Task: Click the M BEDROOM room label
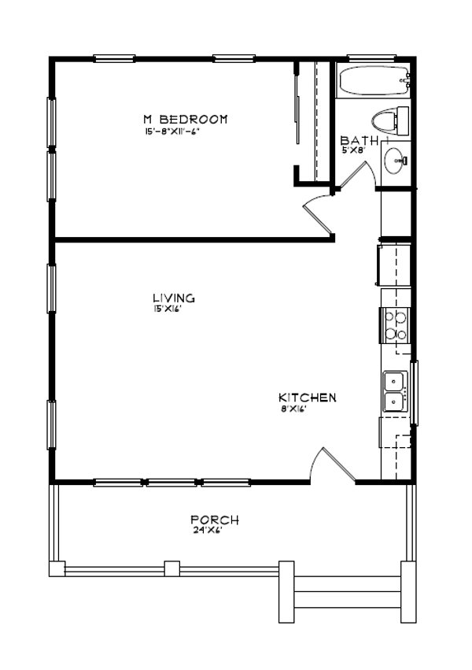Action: click(x=185, y=119)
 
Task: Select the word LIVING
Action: click(x=174, y=298)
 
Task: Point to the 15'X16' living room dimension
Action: click(x=168, y=309)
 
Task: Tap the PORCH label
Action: click(x=215, y=520)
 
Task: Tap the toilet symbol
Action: click(x=390, y=120)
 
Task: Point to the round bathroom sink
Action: click(x=394, y=161)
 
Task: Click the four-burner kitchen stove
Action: click(x=395, y=325)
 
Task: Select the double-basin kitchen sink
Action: click(x=394, y=391)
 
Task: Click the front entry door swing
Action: click(x=329, y=465)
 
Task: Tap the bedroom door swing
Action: click(x=318, y=214)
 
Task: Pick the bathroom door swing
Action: click(x=352, y=177)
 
